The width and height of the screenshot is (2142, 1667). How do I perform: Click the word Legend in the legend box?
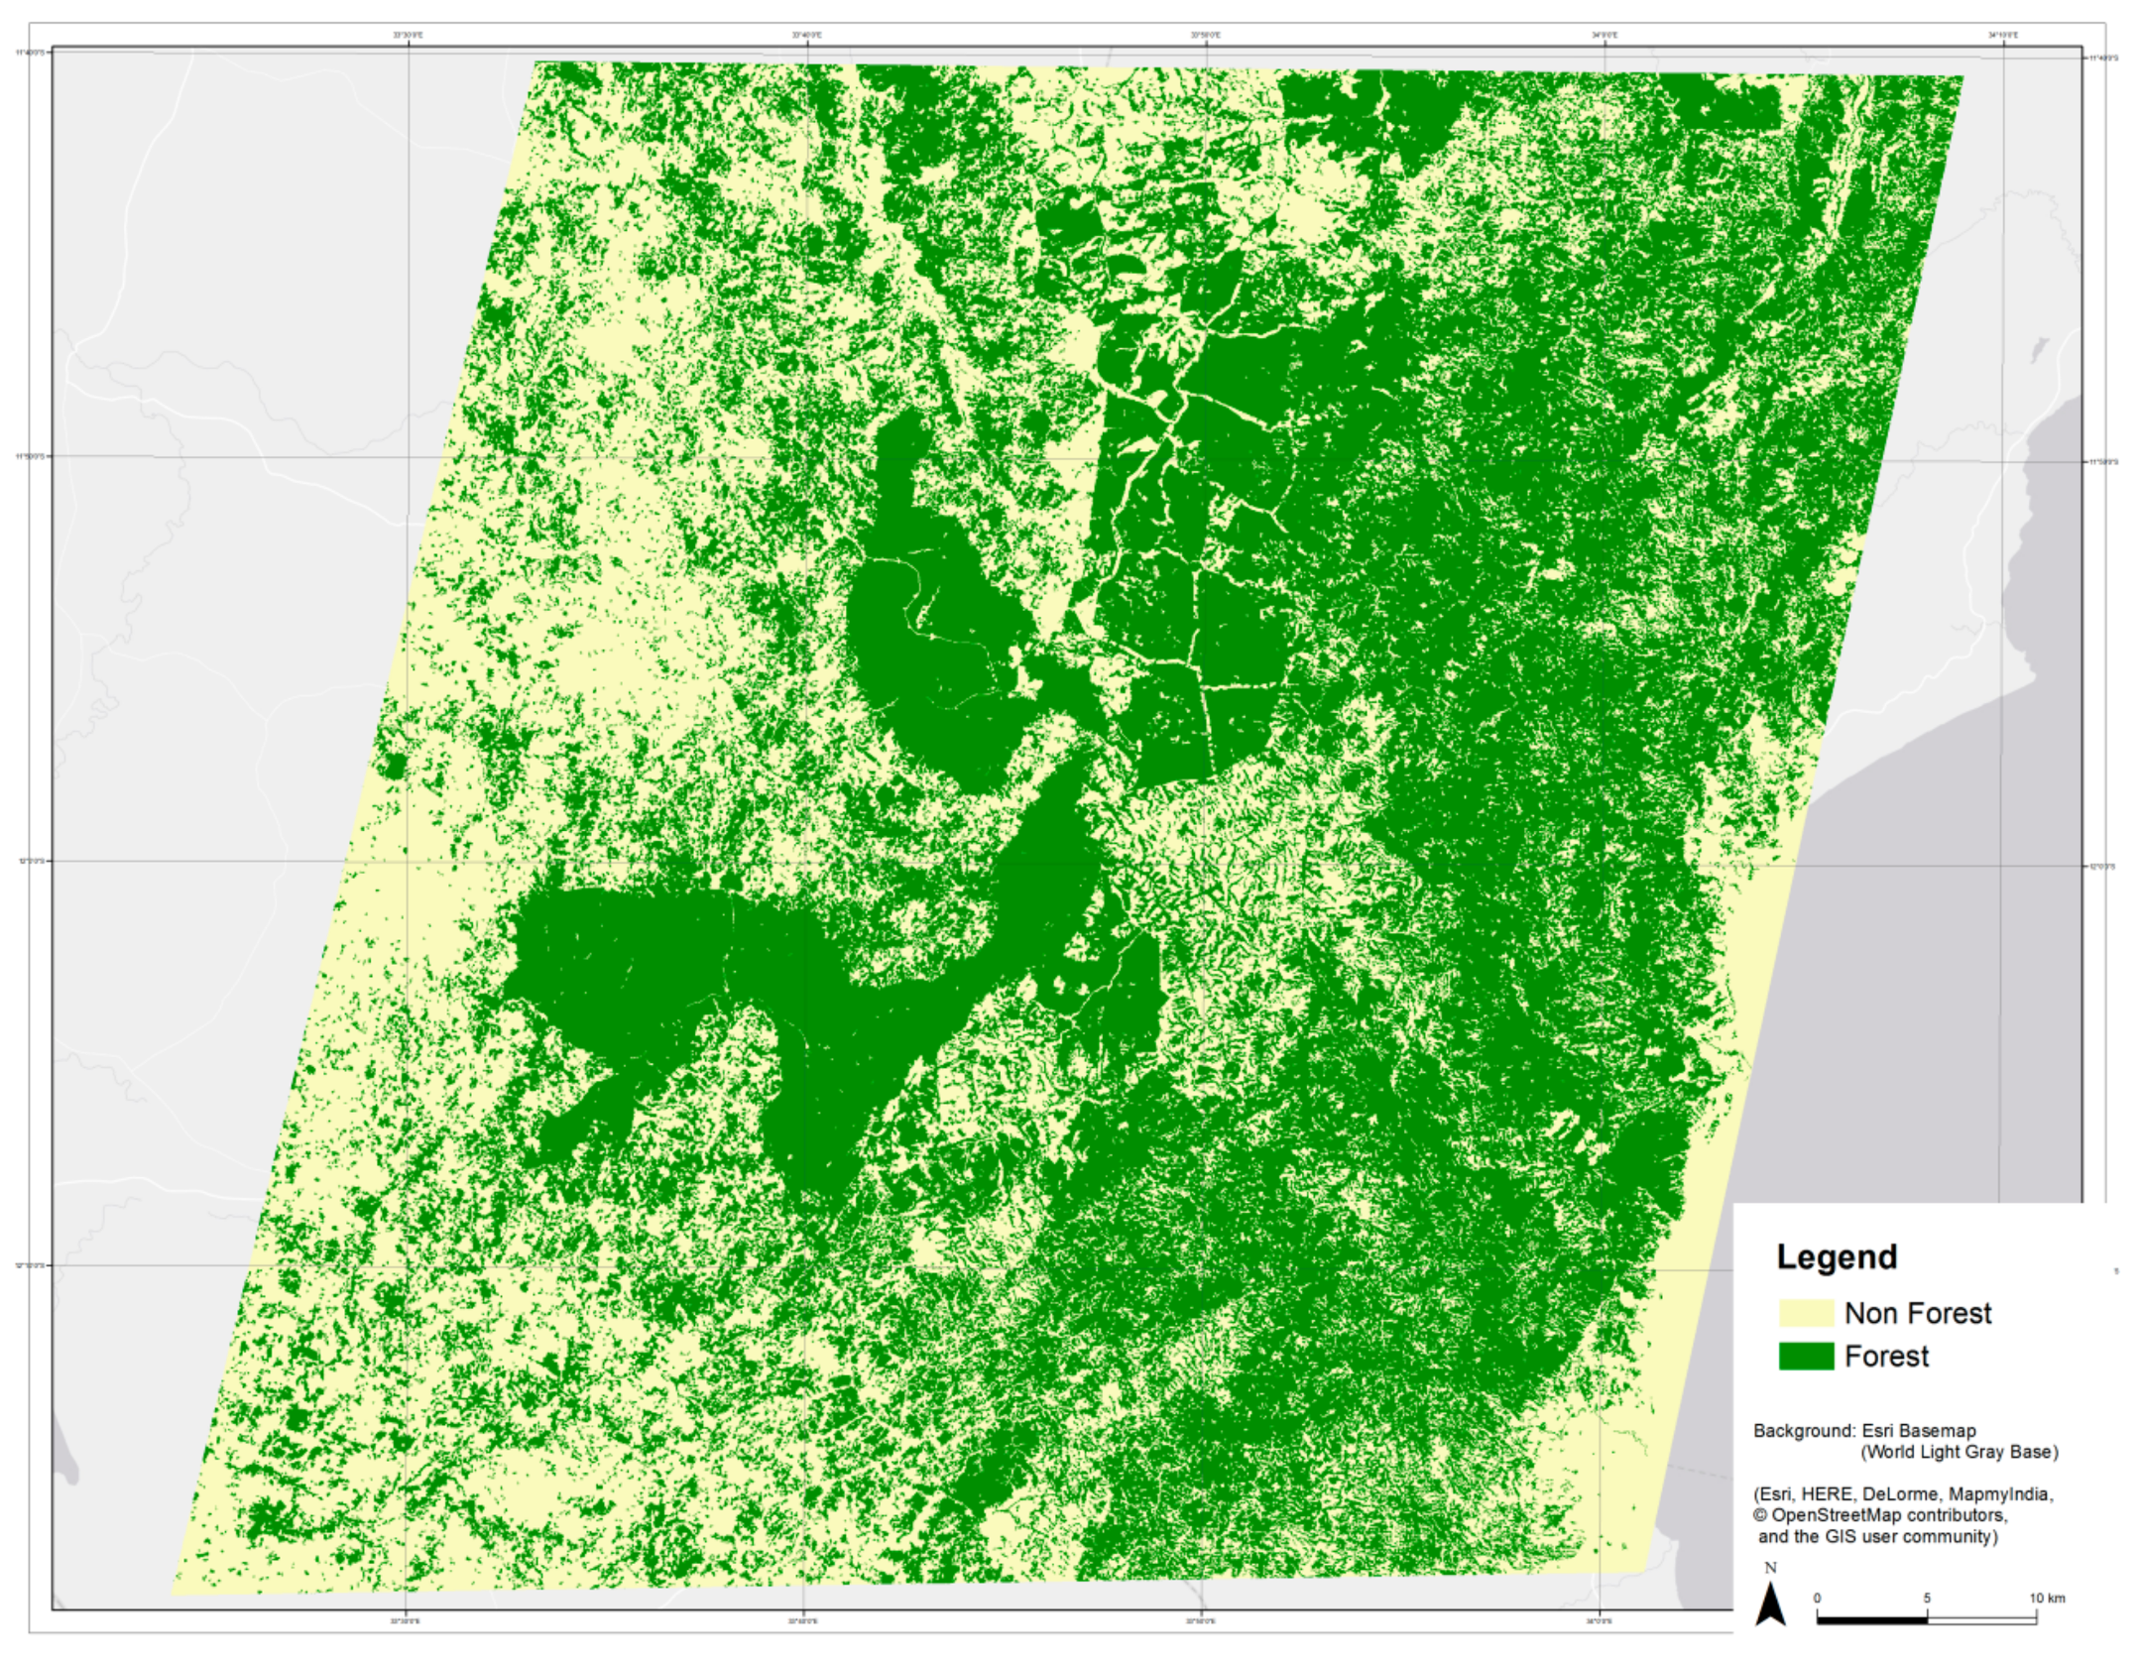(1837, 1256)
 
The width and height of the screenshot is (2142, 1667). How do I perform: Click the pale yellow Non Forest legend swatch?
(1805, 1313)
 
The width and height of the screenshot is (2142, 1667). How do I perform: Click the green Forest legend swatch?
(1805, 1356)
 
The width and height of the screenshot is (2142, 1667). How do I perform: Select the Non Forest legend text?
(1917, 1313)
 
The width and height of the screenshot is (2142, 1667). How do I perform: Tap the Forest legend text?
(1886, 1356)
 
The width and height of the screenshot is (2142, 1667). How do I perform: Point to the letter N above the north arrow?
(1771, 1568)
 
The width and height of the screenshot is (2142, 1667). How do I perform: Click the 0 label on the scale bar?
(1818, 1598)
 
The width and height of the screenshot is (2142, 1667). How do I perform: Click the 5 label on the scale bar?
(1927, 1598)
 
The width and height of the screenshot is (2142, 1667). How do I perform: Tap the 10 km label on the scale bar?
(2046, 1598)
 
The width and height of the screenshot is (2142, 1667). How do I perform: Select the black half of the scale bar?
(1872, 1619)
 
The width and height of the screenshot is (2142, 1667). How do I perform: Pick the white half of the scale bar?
(1981, 1619)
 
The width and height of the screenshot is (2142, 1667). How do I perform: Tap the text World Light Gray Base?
(1959, 1452)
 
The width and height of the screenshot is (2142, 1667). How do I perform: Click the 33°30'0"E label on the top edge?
(408, 35)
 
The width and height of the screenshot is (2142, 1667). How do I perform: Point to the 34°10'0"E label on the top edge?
(2002, 35)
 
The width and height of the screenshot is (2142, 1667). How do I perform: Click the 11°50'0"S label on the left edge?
(31, 456)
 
